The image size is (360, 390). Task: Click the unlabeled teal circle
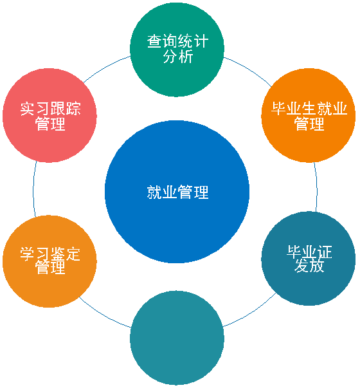pos(177,338)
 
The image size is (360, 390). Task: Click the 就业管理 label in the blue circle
pos(177,192)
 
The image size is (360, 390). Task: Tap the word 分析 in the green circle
pos(178,56)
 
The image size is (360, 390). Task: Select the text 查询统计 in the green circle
pos(177,41)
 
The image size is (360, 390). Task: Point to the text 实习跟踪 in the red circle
pos(50,109)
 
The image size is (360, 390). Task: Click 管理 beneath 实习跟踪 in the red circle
pos(50,124)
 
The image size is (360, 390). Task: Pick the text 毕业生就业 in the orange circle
pos(309,109)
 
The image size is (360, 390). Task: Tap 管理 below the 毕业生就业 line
pos(309,124)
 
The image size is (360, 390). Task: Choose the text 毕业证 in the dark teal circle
pos(309,252)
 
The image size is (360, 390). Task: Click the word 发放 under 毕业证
pos(309,265)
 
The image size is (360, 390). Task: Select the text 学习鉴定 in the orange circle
pos(50,254)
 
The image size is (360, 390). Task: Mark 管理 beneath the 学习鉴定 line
pos(50,267)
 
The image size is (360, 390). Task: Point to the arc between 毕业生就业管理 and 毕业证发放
pos(316,187)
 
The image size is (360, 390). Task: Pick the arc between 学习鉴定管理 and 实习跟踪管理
pos(33,189)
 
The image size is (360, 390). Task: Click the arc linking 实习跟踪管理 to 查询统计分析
pos(105,67)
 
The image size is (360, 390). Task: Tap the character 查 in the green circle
pos(154,41)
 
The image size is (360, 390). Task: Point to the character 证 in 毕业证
pos(325,252)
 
